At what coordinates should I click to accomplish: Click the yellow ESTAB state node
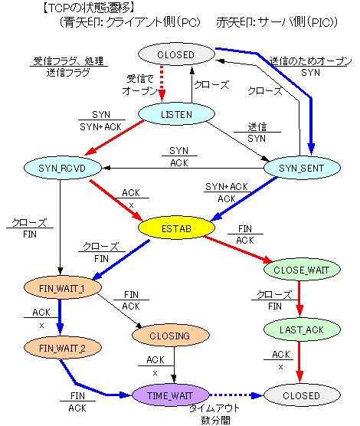pyautogui.click(x=175, y=228)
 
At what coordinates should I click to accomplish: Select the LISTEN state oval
pyautogui.click(x=176, y=114)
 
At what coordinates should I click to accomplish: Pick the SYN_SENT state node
pyautogui.click(x=295, y=167)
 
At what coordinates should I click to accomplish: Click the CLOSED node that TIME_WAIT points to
pyautogui.click(x=295, y=395)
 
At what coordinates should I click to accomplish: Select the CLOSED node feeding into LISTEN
pyautogui.click(x=175, y=54)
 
